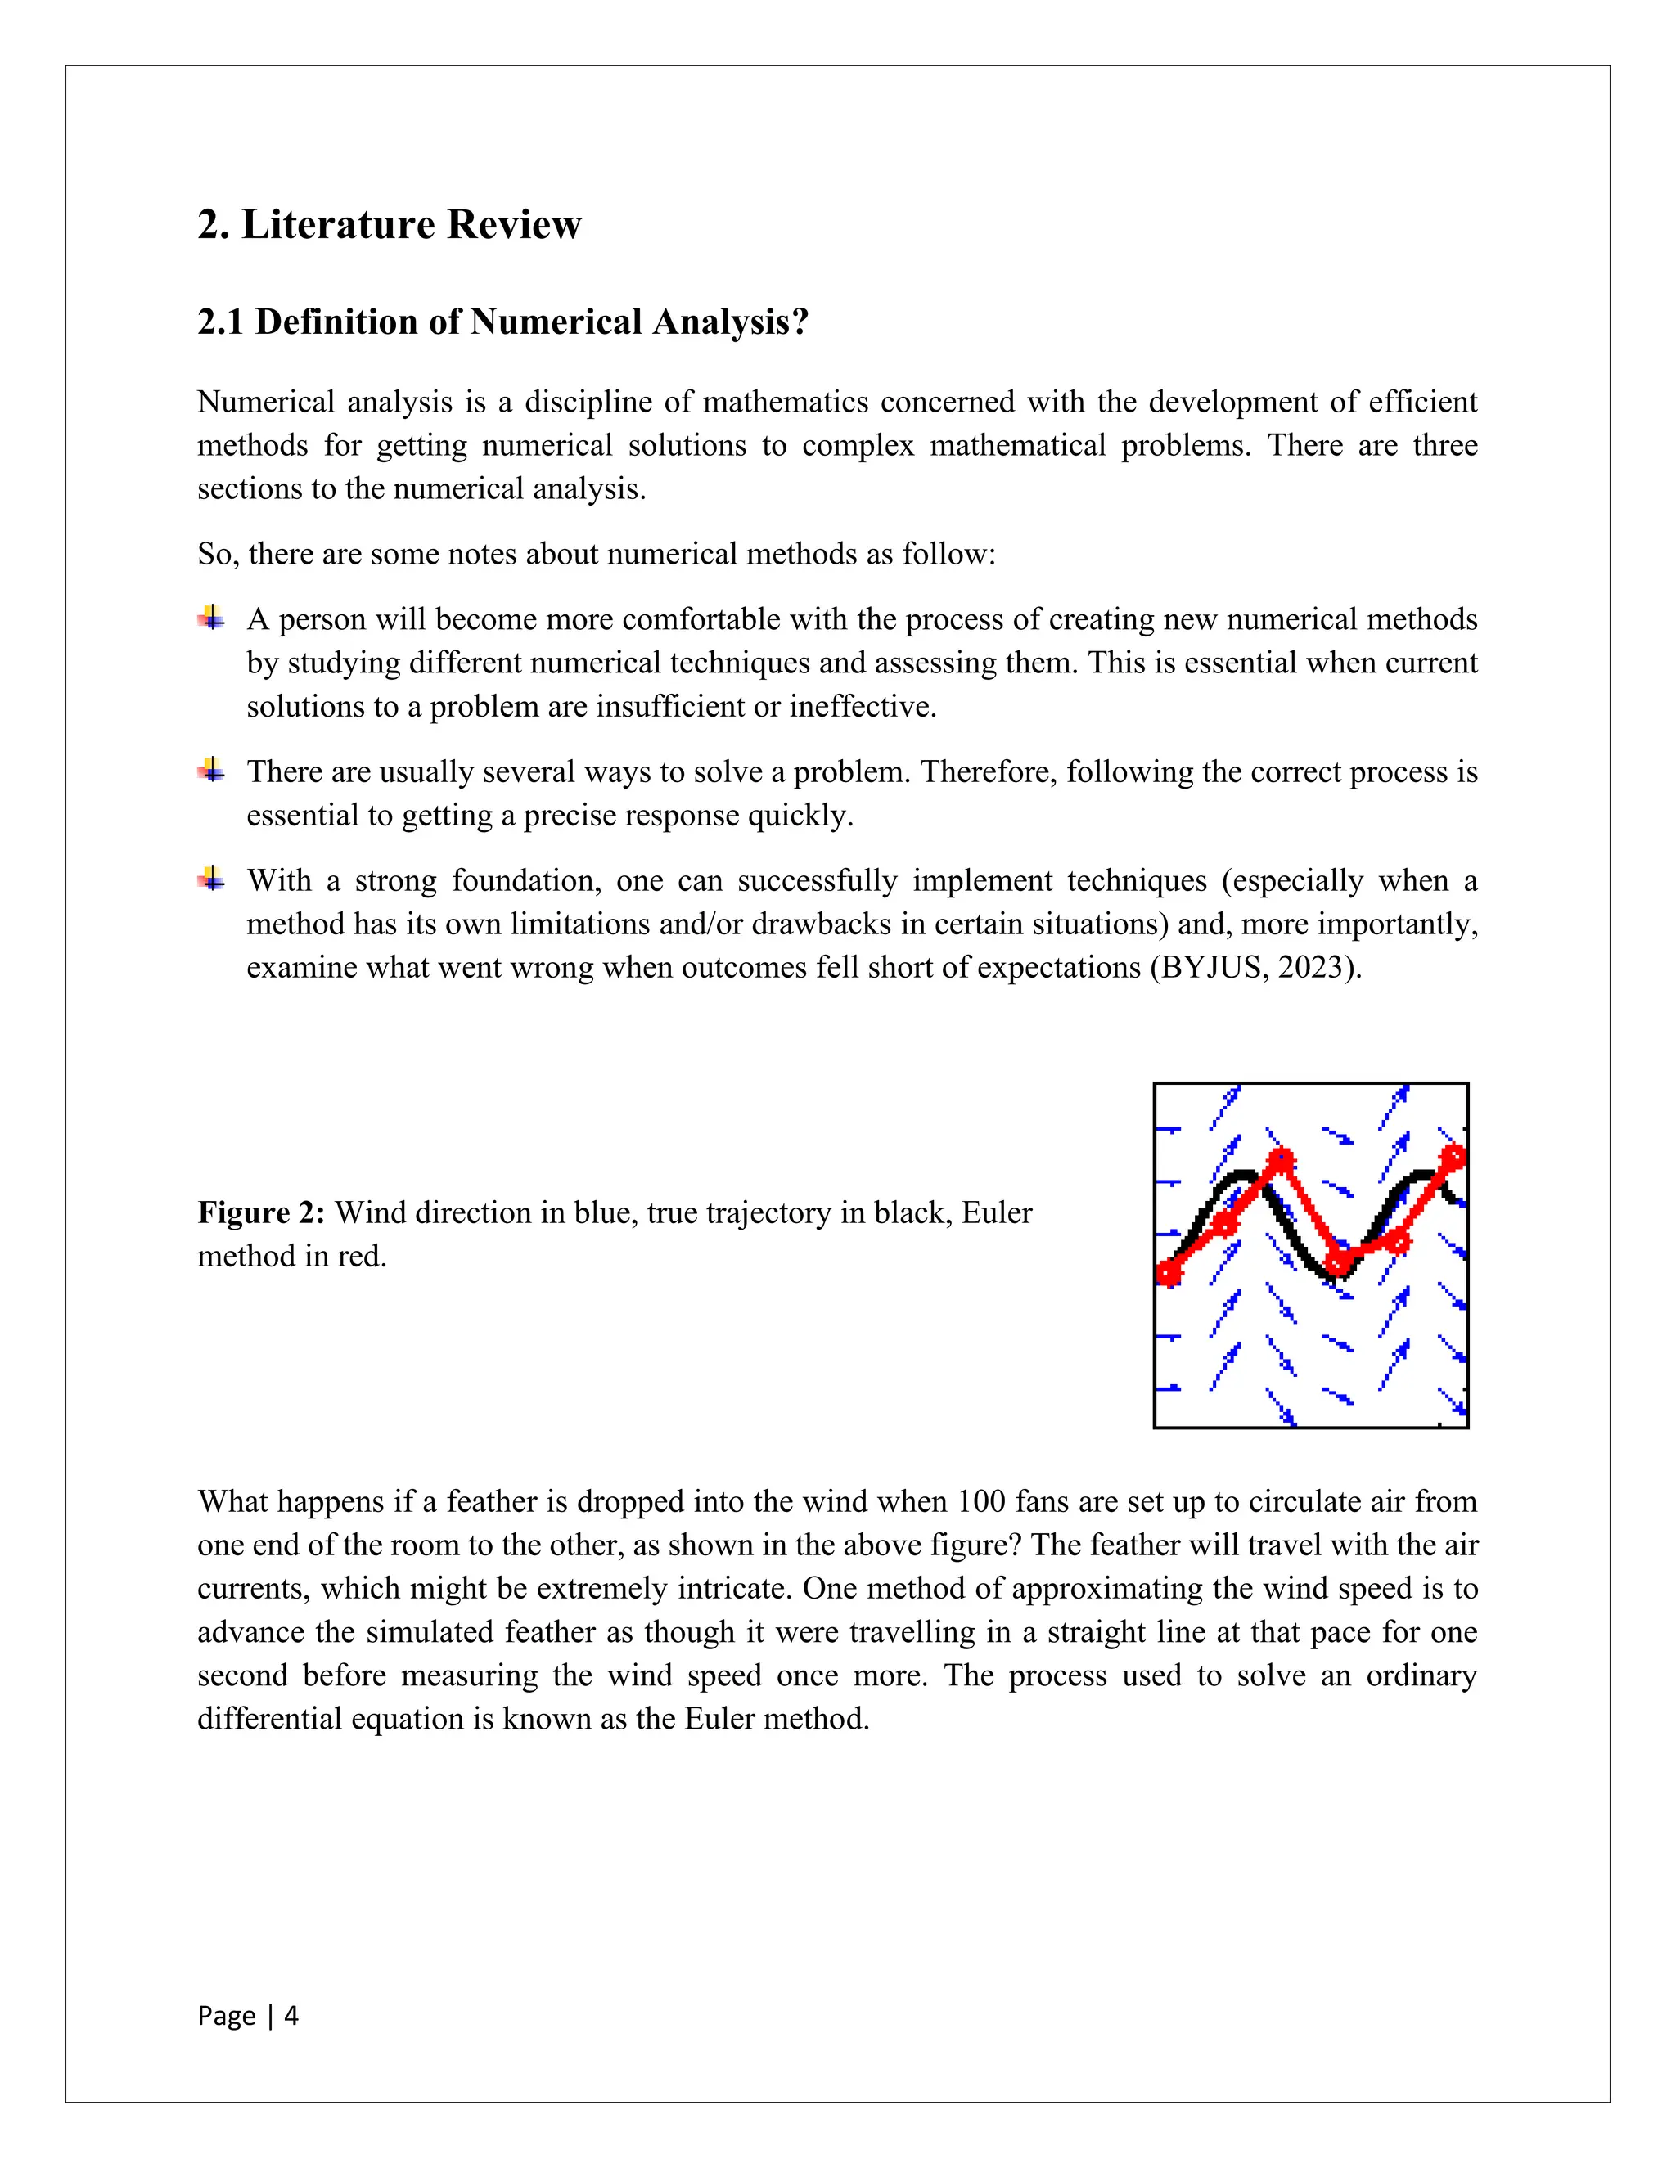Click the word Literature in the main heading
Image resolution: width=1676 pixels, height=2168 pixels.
point(338,224)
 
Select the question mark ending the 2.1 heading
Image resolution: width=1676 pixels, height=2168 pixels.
point(800,322)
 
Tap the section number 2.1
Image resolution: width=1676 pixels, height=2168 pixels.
point(220,322)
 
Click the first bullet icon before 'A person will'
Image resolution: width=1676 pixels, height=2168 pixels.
point(210,618)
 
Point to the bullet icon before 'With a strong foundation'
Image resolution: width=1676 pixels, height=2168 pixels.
point(210,879)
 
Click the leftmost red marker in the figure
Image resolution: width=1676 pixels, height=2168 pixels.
point(1169,1273)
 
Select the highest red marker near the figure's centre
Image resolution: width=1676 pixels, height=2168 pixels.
point(1282,1159)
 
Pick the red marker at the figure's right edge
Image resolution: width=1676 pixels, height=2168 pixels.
point(1453,1158)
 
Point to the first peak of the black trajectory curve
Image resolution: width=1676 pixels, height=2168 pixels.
point(1242,1176)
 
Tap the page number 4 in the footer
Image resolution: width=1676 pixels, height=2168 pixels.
point(291,2015)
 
